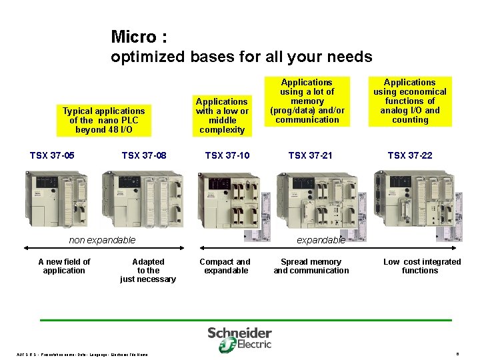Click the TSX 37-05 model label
click(52, 156)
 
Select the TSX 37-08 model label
click(144, 156)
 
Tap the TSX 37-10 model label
click(227, 156)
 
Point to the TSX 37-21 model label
click(310, 156)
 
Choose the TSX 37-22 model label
click(410, 156)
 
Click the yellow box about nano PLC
click(103, 121)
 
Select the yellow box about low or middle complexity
click(222, 115)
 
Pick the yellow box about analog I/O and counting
click(410, 101)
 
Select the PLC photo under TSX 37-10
click(228, 200)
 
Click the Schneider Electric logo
click(239, 339)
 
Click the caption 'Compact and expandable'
click(225, 266)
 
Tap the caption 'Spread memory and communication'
click(311, 266)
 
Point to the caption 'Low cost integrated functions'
click(421, 266)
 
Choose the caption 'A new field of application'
click(64, 266)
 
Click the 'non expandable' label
click(102, 240)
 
